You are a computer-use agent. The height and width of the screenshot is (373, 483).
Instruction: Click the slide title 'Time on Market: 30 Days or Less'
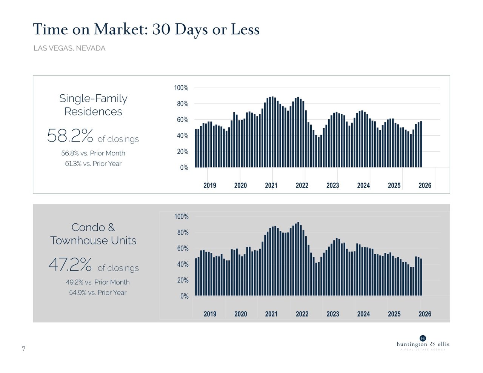coord(146,29)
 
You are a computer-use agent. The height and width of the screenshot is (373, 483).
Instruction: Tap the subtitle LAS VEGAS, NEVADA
coord(69,48)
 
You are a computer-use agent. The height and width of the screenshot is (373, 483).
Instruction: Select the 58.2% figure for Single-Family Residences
coord(70,135)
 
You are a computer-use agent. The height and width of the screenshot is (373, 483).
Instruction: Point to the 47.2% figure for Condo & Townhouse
coord(70,264)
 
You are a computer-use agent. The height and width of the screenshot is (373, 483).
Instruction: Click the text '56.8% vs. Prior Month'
coord(93,153)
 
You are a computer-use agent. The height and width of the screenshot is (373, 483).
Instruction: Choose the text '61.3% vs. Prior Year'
coord(93,164)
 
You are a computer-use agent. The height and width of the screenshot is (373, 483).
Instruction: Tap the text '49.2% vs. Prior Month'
coord(98,282)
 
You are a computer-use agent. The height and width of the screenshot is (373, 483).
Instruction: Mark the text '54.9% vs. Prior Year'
coord(98,293)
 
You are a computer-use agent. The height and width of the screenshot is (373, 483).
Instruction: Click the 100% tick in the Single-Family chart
coord(181,88)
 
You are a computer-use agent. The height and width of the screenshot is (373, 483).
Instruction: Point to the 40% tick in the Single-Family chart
coord(183,136)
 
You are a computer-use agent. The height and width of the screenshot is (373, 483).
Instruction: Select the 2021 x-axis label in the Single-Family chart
coord(271,186)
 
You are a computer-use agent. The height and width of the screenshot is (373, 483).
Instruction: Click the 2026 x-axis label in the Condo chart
coord(425,314)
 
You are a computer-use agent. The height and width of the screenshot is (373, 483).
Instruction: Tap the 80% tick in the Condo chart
coord(183,233)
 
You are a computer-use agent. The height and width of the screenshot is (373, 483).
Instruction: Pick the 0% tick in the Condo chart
coord(184,296)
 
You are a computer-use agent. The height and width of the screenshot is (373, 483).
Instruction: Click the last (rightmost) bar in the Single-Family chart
coord(421,144)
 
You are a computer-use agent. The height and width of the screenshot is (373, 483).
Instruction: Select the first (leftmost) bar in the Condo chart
coord(196,277)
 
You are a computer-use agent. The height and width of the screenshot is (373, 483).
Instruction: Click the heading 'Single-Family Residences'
coord(93,105)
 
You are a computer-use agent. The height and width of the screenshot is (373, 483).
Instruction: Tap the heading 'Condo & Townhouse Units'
coord(93,234)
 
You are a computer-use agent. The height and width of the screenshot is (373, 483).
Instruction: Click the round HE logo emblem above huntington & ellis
coord(423,338)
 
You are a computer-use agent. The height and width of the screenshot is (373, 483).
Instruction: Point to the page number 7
coord(23,349)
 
